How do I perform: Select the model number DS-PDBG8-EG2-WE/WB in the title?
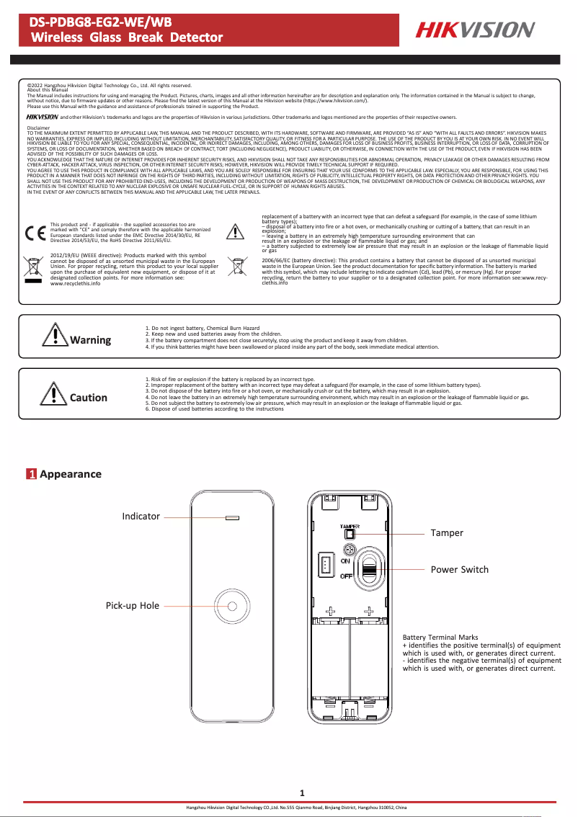91,22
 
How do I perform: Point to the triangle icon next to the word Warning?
55,336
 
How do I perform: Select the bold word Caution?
89,398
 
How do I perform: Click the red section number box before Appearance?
32,474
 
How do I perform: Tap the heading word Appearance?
71,474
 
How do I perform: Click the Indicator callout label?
141,516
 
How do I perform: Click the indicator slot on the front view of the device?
232,517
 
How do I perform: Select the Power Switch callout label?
459,569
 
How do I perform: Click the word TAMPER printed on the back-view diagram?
350,527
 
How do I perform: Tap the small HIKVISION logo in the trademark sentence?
42,116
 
